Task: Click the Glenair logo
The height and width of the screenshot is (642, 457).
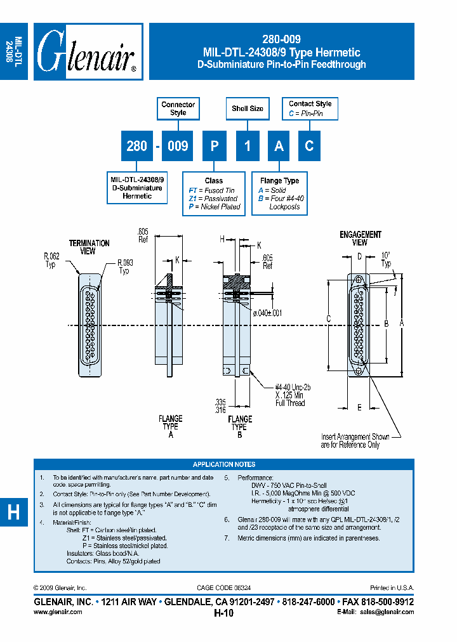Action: point(88,52)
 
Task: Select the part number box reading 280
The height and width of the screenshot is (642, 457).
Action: point(136,146)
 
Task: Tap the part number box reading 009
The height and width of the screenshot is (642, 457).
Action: point(178,146)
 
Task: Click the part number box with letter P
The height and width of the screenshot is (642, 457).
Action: point(215,146)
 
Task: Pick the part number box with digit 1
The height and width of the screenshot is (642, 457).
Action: point(248,146)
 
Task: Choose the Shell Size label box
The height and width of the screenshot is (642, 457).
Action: point(248,108)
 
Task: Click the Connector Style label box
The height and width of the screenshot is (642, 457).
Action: point(178,108)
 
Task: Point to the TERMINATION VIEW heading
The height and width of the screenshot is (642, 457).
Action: point(89,247)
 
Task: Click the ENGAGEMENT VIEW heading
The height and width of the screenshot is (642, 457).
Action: point(361,238)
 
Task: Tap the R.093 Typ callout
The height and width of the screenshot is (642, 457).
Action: point(124,266)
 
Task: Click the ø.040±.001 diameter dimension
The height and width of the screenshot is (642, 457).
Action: point(267,313)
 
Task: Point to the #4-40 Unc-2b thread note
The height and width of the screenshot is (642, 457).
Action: point(293,386)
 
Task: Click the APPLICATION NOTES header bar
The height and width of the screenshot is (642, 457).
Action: point(223,464)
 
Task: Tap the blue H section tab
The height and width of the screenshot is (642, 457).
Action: point(13,512)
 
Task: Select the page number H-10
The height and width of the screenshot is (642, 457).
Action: point(223,613)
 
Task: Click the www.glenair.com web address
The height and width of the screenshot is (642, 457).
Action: point(57,612)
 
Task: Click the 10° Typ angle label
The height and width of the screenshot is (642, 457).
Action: point(385,258)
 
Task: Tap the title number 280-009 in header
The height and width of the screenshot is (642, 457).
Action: point(281,39)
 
